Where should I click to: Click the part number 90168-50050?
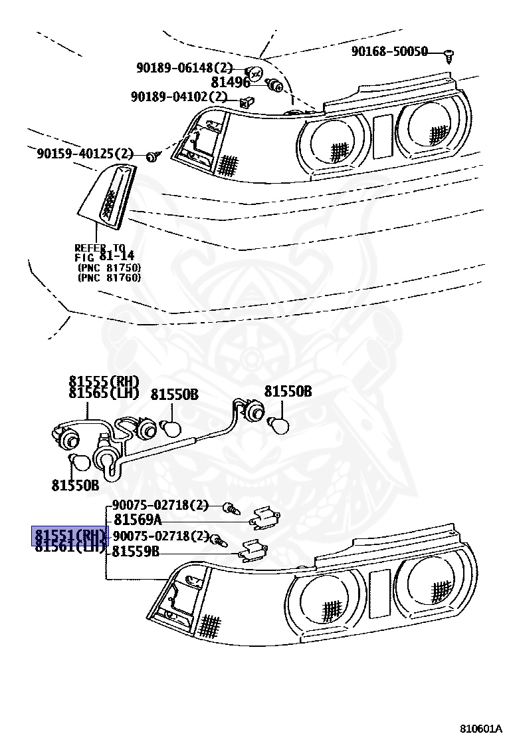(x=389, y=51)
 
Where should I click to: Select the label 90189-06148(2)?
(x=185, y=67)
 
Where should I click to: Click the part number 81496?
(x=230, y=82)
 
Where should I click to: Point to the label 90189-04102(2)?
(x=179, y=97)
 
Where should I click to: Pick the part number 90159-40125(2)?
(x=85, y=154)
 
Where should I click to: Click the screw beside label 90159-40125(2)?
(x=152, y=156)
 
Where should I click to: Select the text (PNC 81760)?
(x=109, y=277)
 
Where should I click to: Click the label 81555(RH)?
(x=104, y=381)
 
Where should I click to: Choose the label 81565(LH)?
(x=104, y=393)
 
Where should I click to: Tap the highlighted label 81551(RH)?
(x=70, y=536)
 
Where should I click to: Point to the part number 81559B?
(x=136, y=551)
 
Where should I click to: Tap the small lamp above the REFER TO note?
(x=108, y=194)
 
